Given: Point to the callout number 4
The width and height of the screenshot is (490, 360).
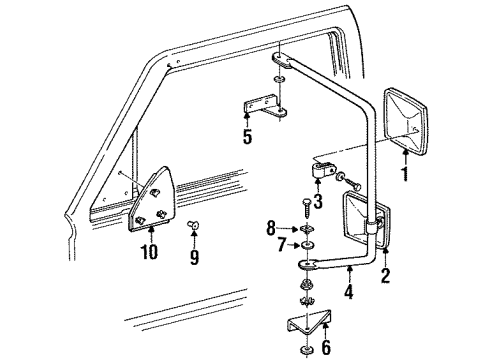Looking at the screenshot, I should click(x=347, y=294).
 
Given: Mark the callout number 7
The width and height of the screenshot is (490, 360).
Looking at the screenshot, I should click(x=280, y=245).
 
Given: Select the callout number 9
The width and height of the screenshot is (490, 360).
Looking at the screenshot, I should click(x=194, y=257).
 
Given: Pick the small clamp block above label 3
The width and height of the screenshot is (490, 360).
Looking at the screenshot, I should click(x=320, y=175).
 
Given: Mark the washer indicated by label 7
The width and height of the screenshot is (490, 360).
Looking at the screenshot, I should click(x=306, y=245).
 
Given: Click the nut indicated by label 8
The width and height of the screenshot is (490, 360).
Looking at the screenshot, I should click(x=306, y=228).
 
